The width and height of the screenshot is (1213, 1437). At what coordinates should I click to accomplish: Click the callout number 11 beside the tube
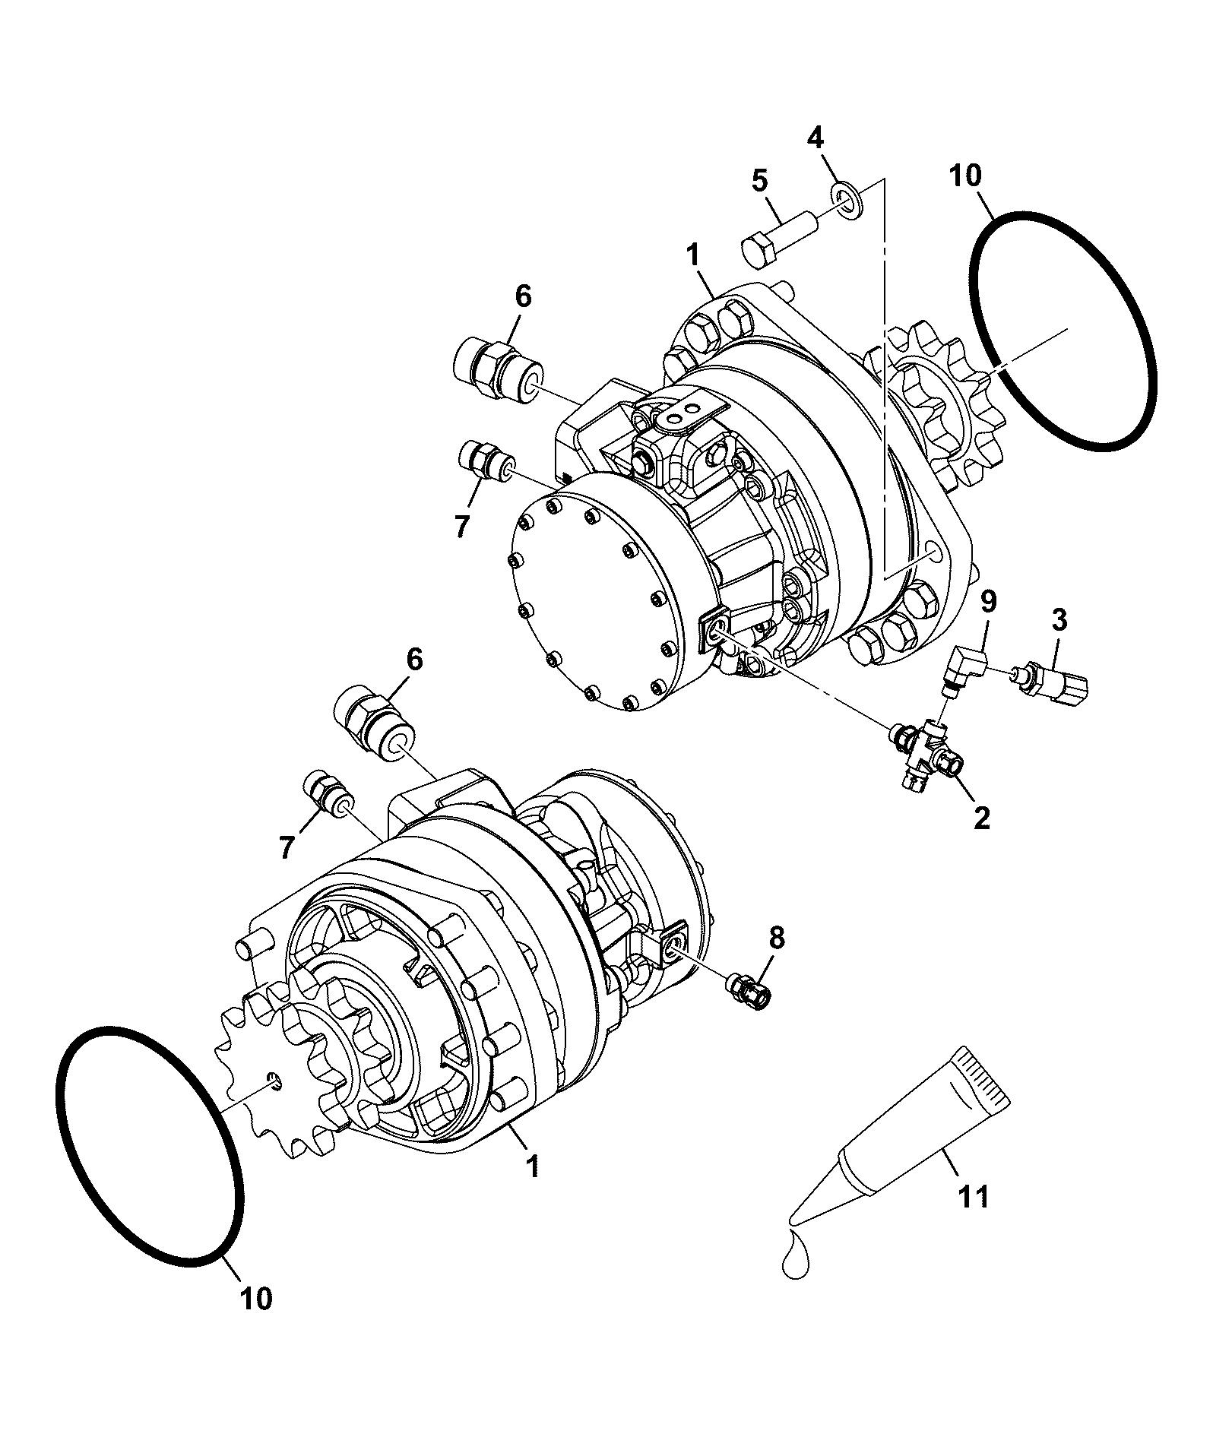(x=973, y=1198)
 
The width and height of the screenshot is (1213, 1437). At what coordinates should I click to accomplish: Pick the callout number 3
(x=1059, y=621)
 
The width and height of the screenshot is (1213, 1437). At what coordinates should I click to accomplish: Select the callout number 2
(x=982, y=818)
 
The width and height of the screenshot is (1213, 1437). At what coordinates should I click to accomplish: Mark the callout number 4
(x=815, y=138)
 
